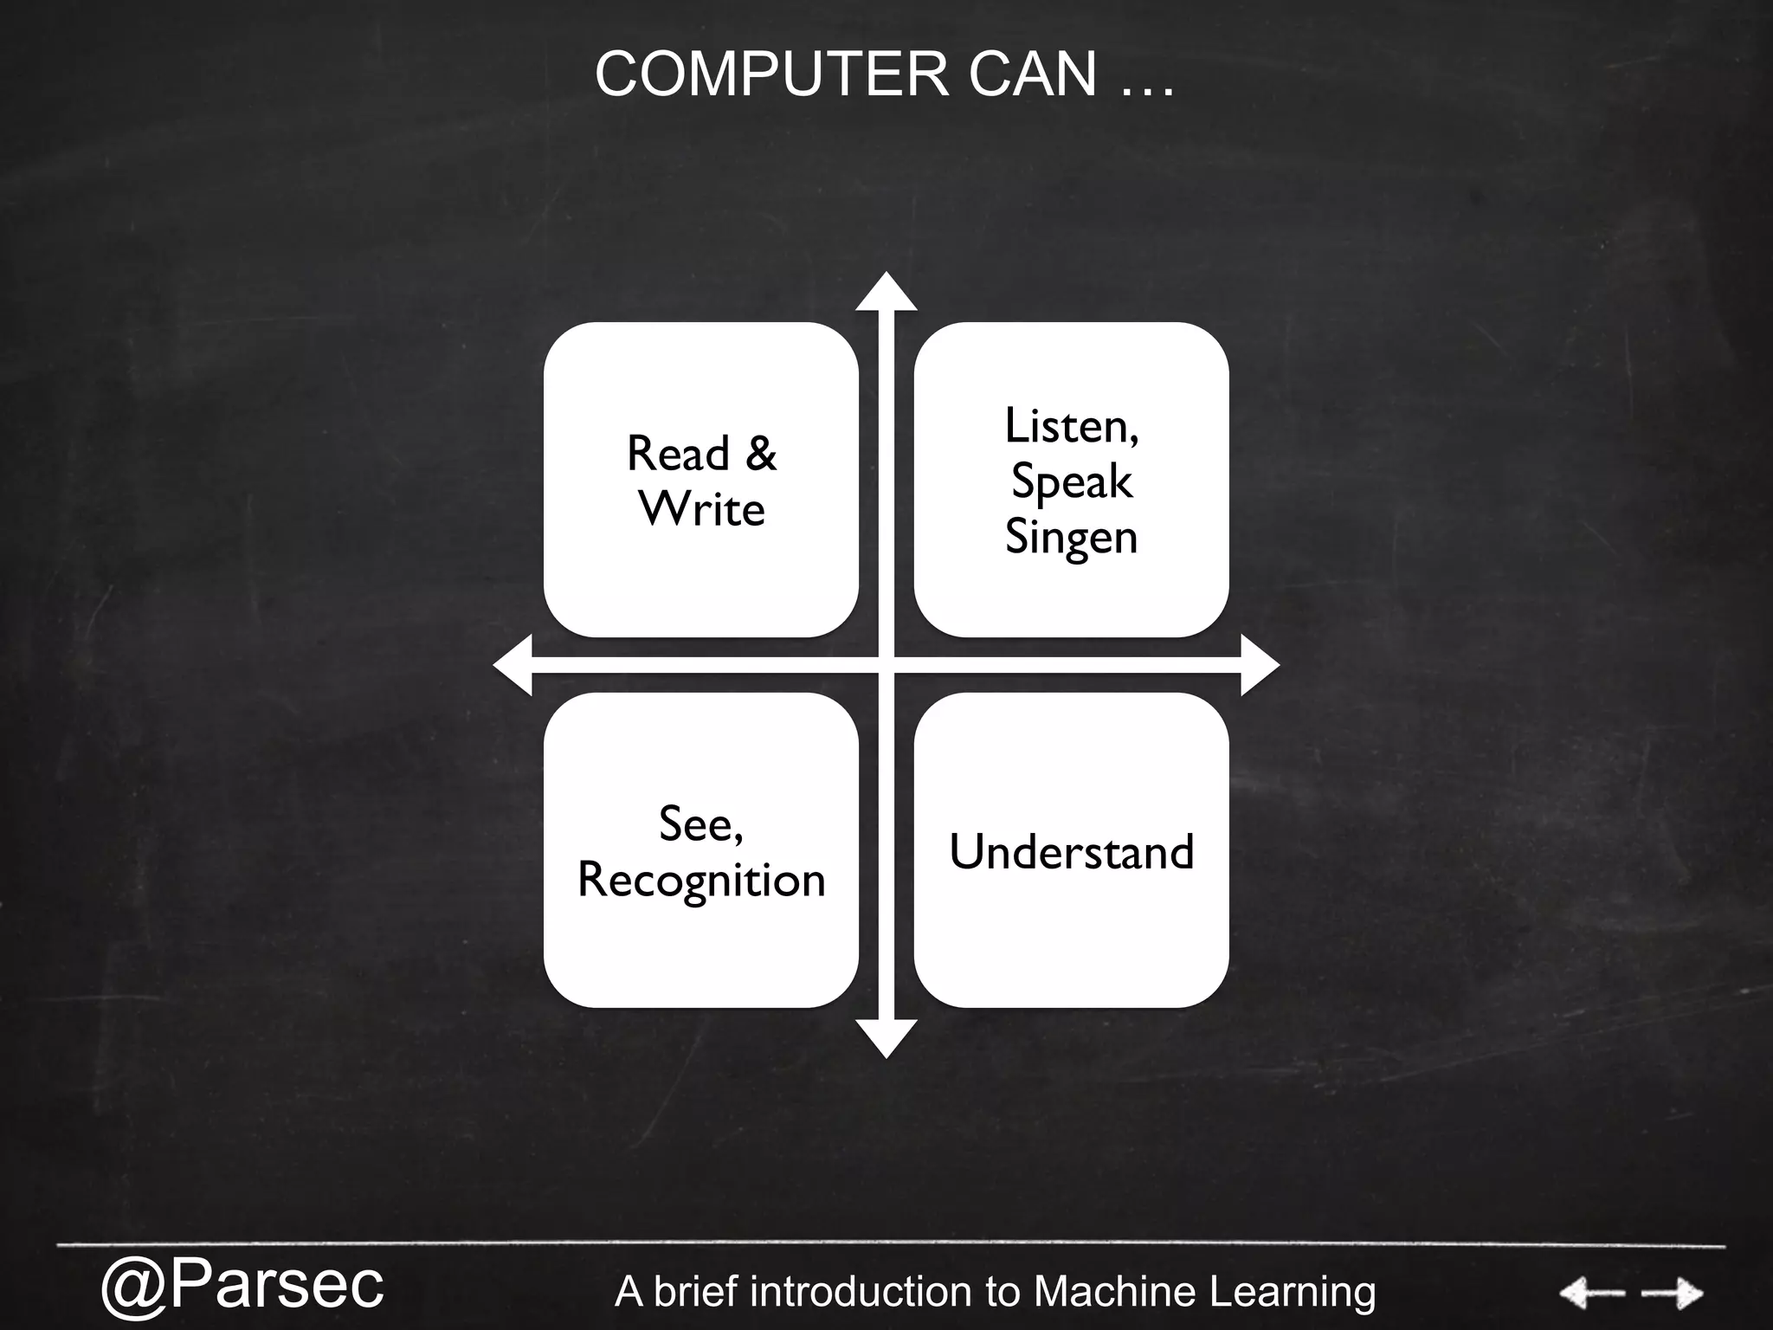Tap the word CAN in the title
point(1032,74)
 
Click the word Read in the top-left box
point(678,454)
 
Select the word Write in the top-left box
point(702,509)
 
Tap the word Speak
point(1072,481)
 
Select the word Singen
point(1072,537)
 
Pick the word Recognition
point(701,880)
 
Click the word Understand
point(1072,852)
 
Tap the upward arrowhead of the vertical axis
point(886,293)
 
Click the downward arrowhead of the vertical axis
point(886,1037)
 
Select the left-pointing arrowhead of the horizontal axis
point(513,665)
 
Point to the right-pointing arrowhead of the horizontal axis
point(1259,665)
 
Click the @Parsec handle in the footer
point(242,1285)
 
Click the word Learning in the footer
point(1292,1292)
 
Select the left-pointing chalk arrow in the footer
point(1591,1294)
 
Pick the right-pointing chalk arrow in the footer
point(1673,1294)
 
